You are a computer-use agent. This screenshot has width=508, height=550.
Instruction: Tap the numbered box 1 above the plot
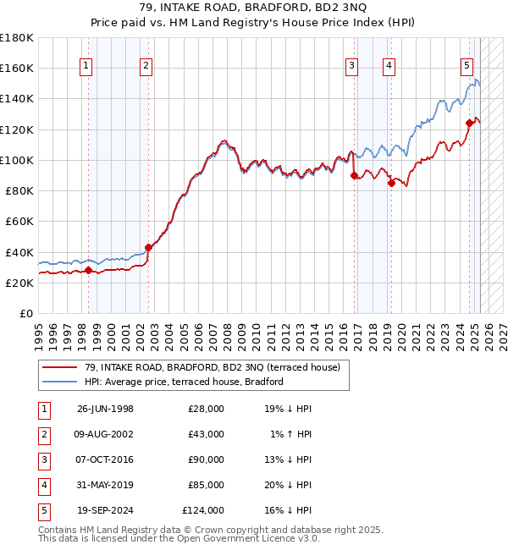click(x=87, y=67)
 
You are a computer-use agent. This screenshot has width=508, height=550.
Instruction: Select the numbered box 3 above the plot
click(x=352, y=67)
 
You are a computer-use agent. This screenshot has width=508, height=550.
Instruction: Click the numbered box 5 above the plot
click(x=467, y=67)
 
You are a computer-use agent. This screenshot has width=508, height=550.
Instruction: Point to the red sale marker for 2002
click(x=148, y=248)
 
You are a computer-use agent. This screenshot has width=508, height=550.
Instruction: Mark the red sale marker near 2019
click(x=391, y=183)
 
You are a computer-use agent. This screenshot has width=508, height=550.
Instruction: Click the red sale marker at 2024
click(x=468, y=123)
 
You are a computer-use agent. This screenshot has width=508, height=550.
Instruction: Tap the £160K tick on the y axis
click(x=17, y=68)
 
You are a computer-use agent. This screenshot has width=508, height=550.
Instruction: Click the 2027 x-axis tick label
click(x=503, y=330)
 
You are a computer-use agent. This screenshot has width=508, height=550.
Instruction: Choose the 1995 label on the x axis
click(x=39, y=330)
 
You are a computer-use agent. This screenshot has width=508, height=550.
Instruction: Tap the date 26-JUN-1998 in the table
click(x=105, y=409)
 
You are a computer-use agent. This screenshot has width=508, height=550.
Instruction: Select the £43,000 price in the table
click(x=206, y=434)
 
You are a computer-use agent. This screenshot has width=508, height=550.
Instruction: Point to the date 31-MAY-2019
click(x=105, y=485)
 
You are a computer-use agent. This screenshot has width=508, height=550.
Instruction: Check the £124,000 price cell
click(x=203, y=510)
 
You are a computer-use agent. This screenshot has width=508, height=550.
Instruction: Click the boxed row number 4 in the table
click(x=42, y=485)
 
